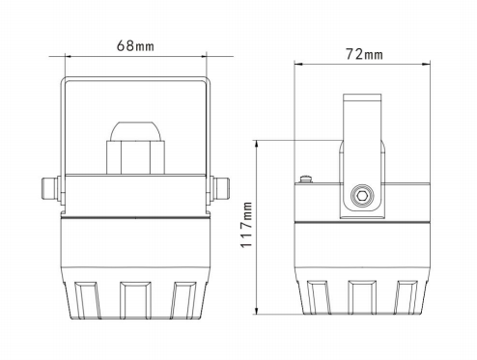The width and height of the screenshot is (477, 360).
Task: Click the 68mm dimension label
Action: (135, 45)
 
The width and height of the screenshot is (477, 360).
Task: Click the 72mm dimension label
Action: (364, 54)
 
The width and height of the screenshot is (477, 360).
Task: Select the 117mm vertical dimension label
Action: (246, 225)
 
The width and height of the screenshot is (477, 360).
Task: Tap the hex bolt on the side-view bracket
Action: (362, 195)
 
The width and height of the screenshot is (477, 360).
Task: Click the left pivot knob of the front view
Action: (51, 188)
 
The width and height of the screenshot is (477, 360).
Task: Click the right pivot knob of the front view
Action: (220, 188)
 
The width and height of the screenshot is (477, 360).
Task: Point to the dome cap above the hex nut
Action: (135, 131)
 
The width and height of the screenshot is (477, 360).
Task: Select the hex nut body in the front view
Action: (135, 157)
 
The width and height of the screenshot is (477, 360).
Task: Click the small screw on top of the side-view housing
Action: (307, 179)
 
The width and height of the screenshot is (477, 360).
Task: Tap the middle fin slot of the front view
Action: (135, 300)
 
